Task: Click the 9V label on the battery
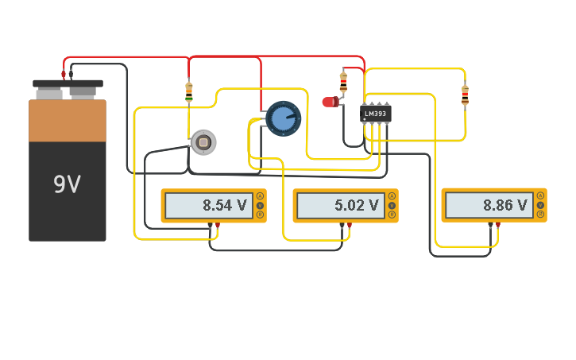[67, 184]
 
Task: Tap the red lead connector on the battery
[64, 75]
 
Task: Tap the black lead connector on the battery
[71, 75]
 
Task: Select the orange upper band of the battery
[68, 120]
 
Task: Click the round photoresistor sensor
[203, 142]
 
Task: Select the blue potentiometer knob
[283, 119]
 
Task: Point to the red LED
[330, 102]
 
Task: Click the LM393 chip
[375, 114]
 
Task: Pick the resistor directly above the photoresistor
[189, 92]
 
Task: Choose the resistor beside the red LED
[343, 81]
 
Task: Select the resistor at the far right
[465, 95]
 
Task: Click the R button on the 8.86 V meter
[540, 215]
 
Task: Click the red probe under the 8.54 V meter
[217, 226]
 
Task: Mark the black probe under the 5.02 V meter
[342, 226]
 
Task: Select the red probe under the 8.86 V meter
[498, 226]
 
